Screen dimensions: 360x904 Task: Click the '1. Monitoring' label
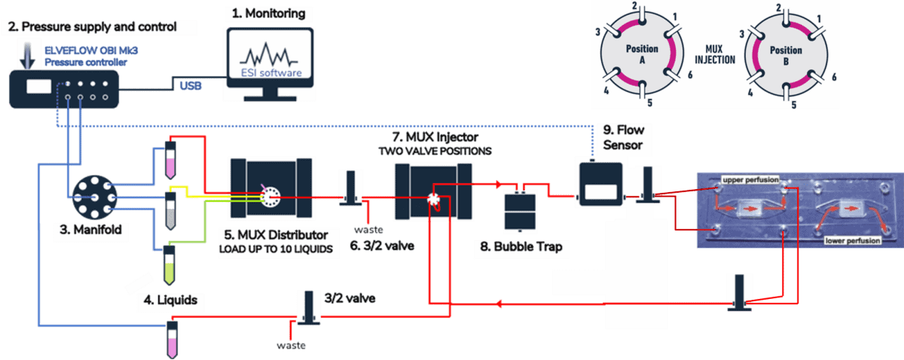[x=268, y=14]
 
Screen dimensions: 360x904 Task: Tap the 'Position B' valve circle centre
[x=785, y=54]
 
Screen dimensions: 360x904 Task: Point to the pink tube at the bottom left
[x=171, y=339]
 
